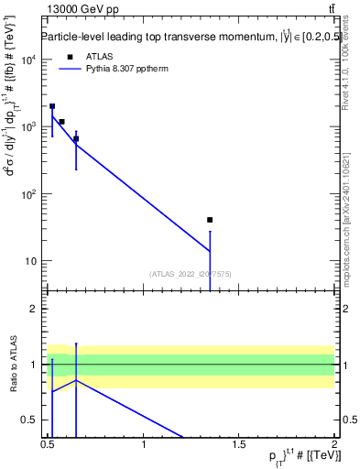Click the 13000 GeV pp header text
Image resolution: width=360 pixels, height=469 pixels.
(76, 10)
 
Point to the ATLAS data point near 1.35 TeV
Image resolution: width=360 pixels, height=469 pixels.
(210, 220)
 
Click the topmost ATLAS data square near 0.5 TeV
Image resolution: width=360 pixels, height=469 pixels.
(52, 106)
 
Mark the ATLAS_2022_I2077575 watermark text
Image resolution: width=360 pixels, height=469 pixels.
(189, 274)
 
